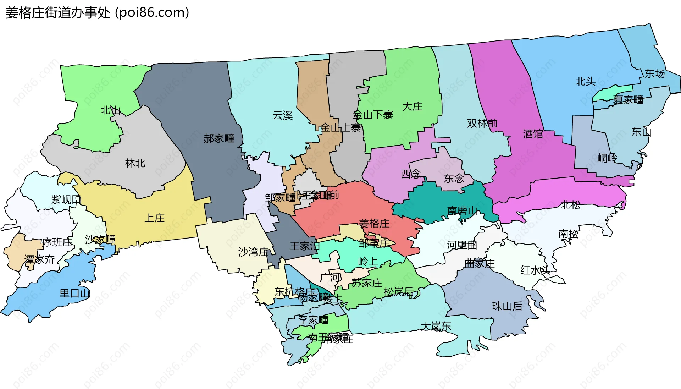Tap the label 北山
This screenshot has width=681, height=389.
click(110, 110)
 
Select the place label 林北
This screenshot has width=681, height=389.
click(135, 163)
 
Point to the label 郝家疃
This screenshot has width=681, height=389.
click(219, 138)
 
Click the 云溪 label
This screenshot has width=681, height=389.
click(283, 115)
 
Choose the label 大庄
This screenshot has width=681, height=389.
click(412, 106)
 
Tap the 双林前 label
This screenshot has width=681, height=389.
click(482, 124)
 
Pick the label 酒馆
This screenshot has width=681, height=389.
click(533, 134)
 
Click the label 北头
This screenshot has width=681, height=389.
click(585, 82)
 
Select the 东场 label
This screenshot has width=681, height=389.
click(654, 74)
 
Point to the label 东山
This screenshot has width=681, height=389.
click(641, 132)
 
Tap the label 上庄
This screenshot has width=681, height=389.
click(155, 218)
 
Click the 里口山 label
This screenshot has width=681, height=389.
click(75, 293)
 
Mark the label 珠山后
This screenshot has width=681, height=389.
click(507, 306)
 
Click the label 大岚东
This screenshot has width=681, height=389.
click(436, 326)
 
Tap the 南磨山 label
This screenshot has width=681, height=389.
click(462, 210)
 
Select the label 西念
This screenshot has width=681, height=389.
click(410, 174)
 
